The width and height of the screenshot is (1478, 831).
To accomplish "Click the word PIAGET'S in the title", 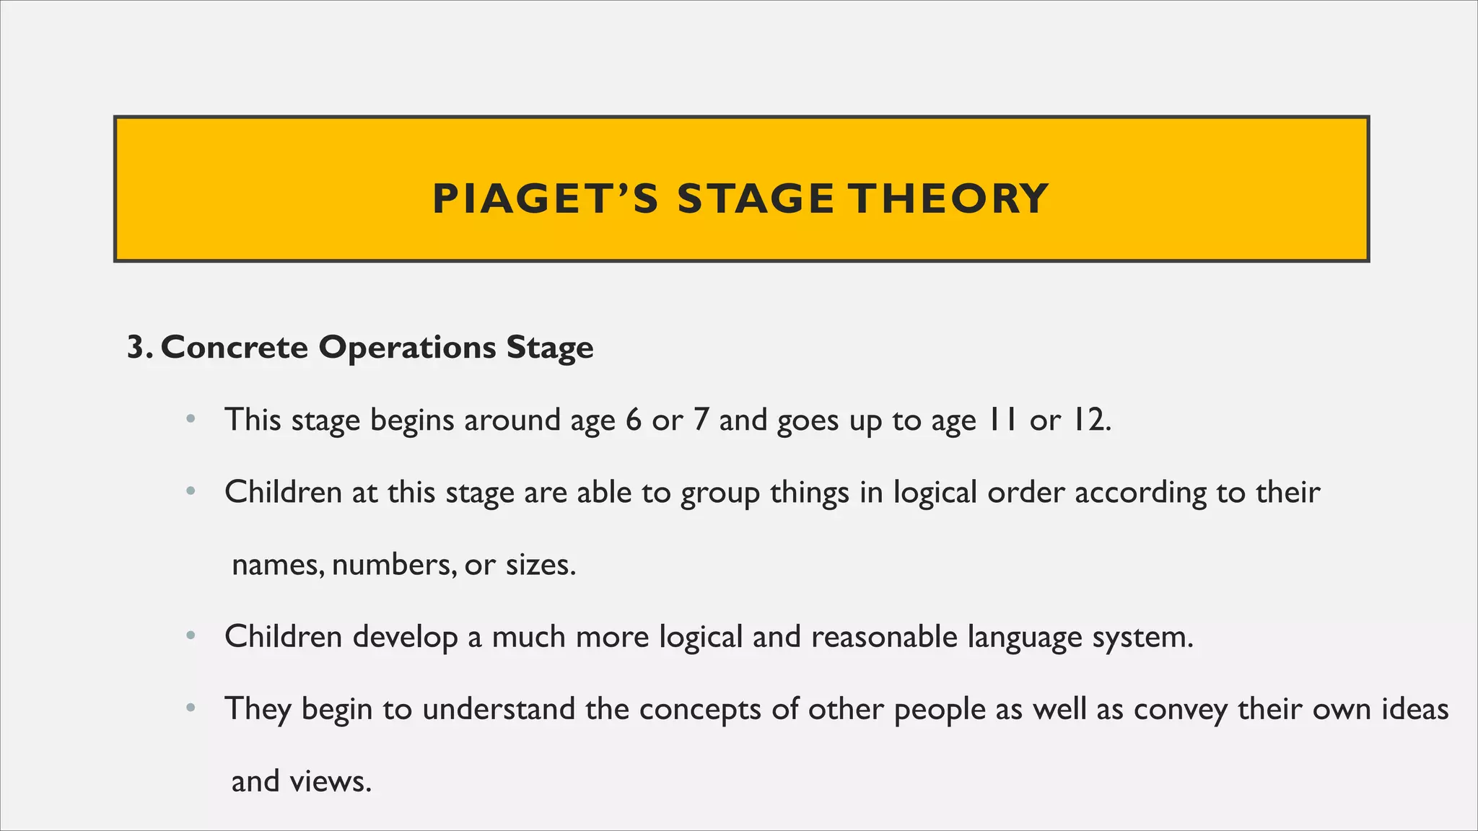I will point(545,199).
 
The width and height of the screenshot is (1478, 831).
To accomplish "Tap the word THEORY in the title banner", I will point(948,199).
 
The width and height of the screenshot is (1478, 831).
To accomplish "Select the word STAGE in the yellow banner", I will point(756,199).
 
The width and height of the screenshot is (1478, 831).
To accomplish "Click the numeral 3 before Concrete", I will point(136,348).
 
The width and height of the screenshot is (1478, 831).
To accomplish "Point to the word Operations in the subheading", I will point(407,348).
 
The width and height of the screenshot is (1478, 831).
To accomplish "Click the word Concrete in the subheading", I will point(235,348).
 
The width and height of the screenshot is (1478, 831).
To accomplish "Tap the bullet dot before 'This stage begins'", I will point(191,419).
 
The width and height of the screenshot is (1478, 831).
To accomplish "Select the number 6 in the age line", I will point(634,420).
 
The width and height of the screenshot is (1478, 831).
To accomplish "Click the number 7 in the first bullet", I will point(700,420).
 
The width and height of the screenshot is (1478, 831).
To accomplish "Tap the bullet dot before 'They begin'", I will point(191,708).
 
